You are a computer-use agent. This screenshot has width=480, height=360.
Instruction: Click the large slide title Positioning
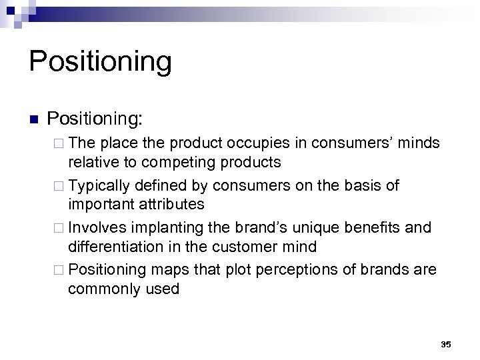click(x=101, y=62)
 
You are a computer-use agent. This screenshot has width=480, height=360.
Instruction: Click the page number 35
click(x=446, y=344)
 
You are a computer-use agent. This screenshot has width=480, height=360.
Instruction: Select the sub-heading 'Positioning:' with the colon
click(x=104, y=119)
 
